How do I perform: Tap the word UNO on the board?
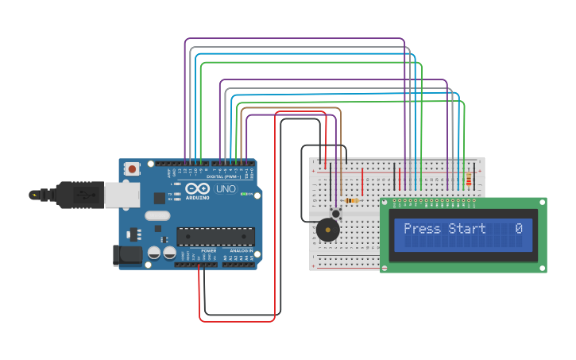(226, 189)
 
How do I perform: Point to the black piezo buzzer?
(327, 230)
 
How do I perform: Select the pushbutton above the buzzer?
(336, 213)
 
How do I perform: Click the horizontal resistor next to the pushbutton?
(352, 200)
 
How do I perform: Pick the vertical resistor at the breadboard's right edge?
(469, 180)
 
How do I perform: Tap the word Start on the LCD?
(467, 229)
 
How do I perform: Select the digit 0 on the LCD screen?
(519, 229)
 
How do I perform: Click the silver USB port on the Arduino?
(122, 195)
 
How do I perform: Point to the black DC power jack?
(127, 255)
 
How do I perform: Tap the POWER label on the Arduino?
(208, 250)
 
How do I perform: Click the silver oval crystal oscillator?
(157, 215)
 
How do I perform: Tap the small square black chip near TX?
(160, 198)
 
